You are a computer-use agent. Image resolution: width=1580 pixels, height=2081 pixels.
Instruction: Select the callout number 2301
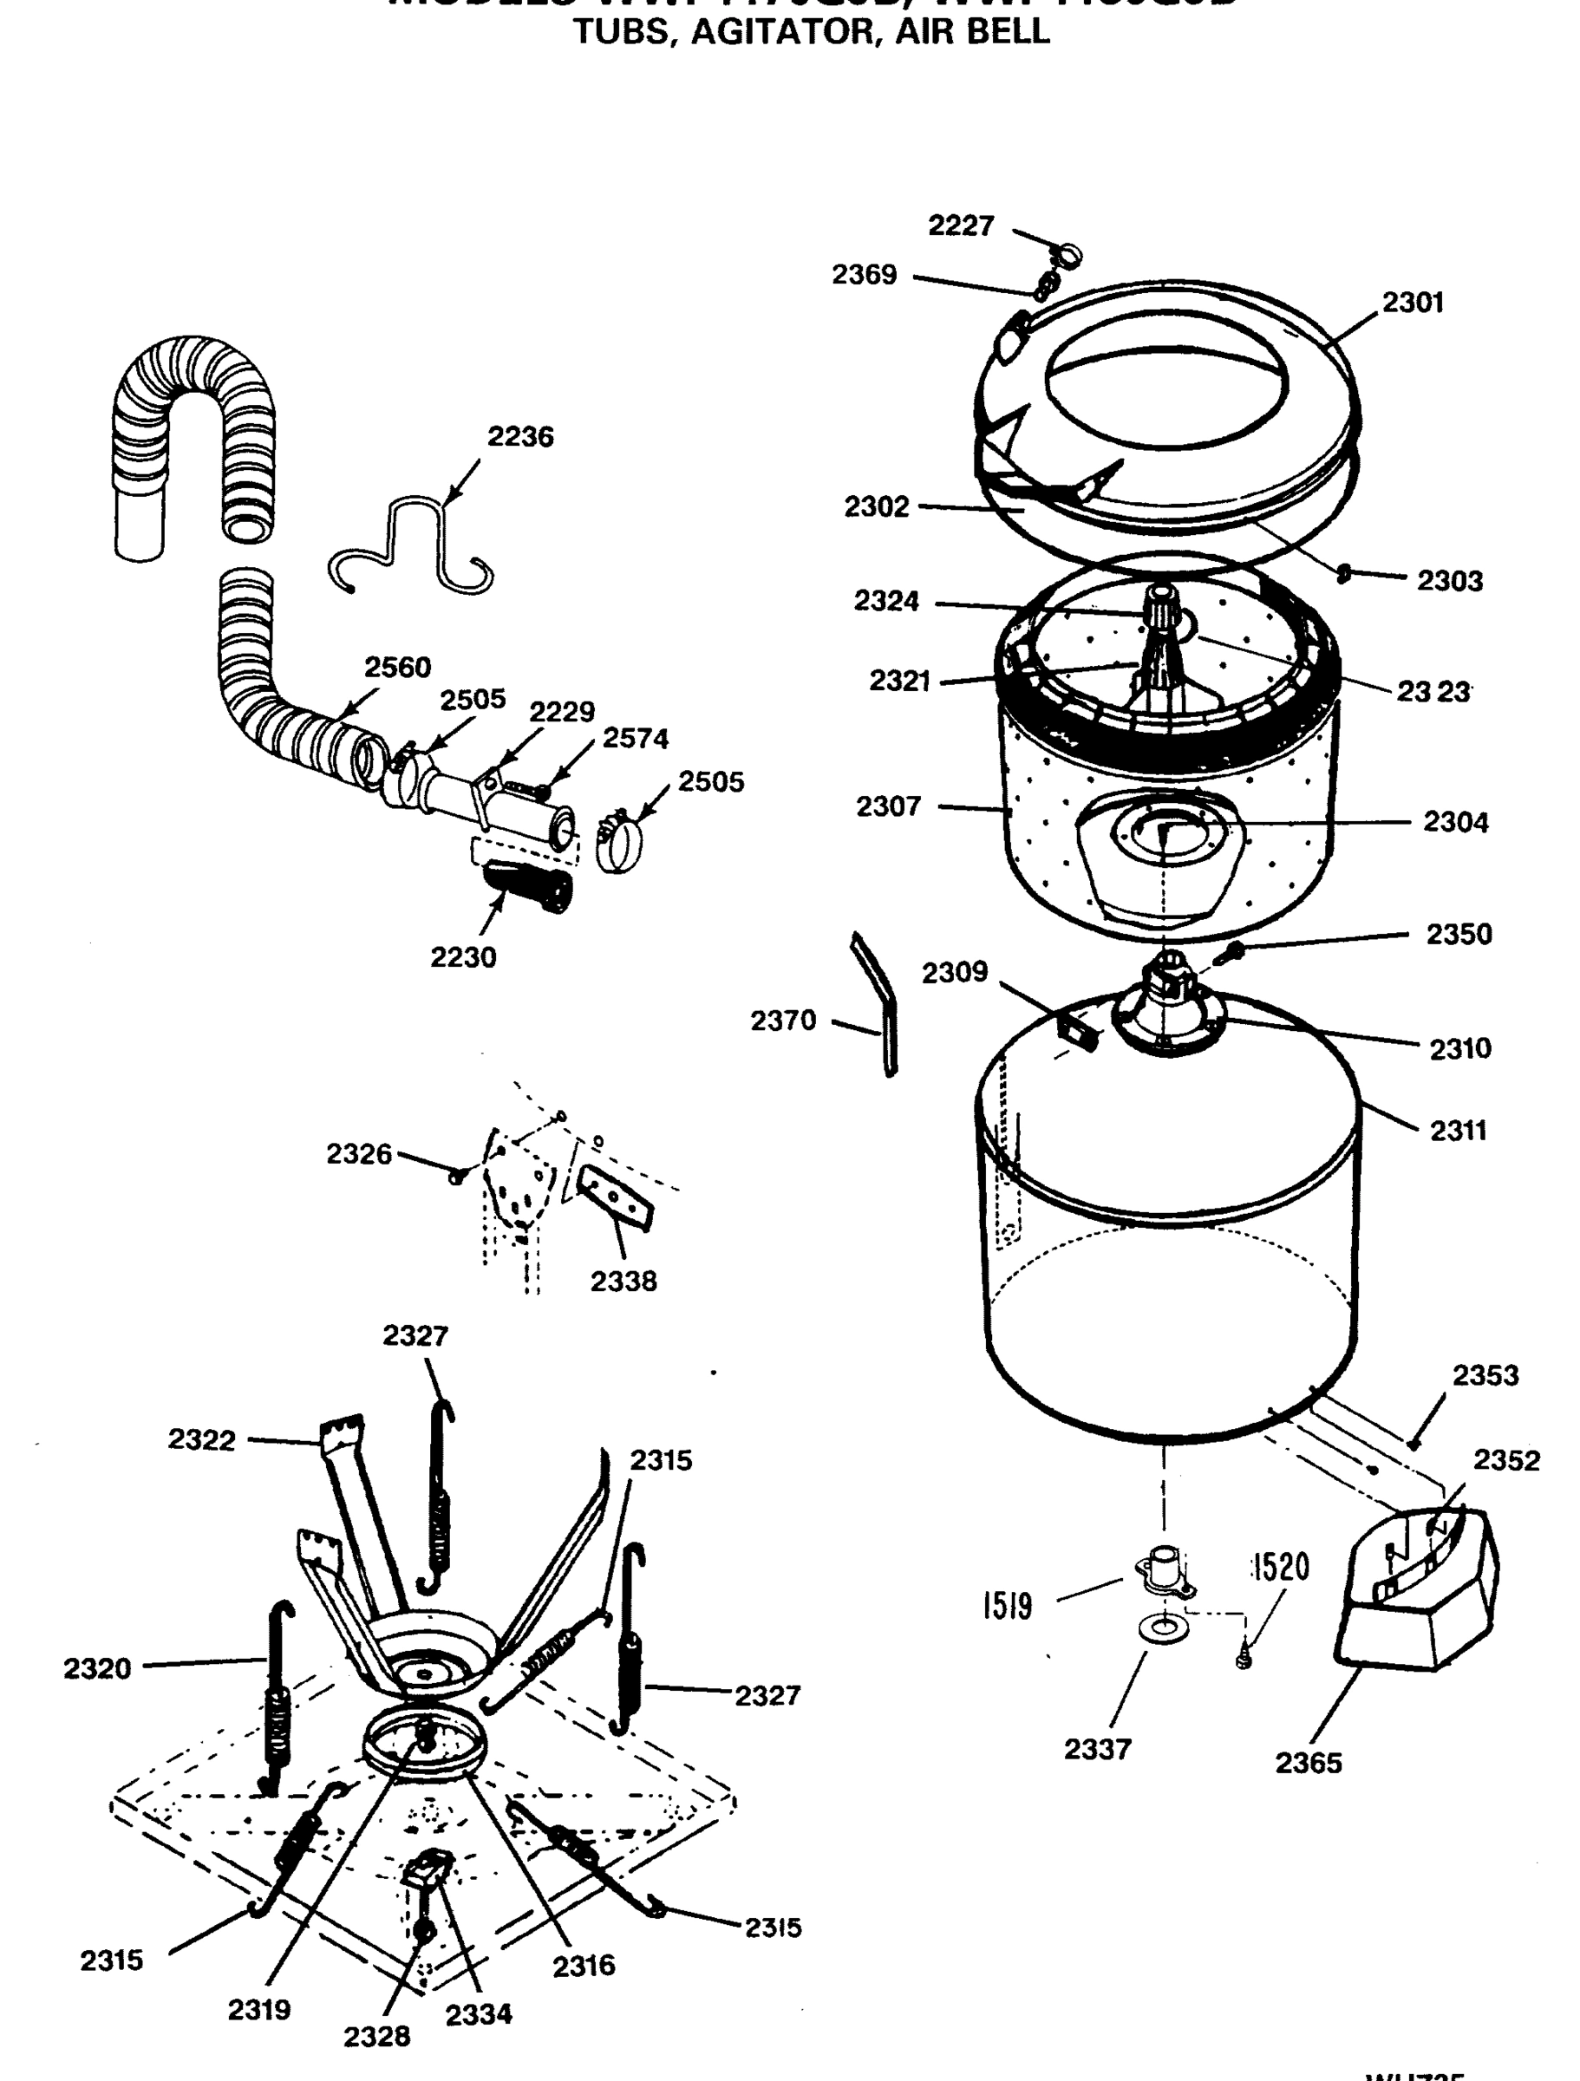(x=1413, y=302)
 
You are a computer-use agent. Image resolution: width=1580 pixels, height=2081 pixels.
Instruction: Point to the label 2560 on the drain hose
(x=397, y=667)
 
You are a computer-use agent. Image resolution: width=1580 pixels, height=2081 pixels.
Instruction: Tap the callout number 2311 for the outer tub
(x=1459, y=1130)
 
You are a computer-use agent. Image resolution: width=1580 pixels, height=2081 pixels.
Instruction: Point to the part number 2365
(x=1308, y=1763)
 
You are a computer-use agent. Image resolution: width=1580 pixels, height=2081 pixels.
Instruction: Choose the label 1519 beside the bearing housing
(x=1008, y=1606)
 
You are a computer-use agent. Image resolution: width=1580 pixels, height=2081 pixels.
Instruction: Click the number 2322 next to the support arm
(x=201, y=1439)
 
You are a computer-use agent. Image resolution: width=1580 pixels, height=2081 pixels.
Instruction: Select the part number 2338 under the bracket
(x=623, y=1281)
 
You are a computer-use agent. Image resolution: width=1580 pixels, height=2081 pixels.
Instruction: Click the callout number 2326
(x=358, y=1153)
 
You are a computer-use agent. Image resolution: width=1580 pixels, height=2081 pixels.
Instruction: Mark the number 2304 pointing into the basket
(x=1456, y=822)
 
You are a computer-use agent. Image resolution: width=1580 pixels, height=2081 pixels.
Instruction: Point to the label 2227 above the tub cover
(x=961, y=225)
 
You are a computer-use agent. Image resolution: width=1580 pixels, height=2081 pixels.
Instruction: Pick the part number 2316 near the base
(x=584, y=1966)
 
